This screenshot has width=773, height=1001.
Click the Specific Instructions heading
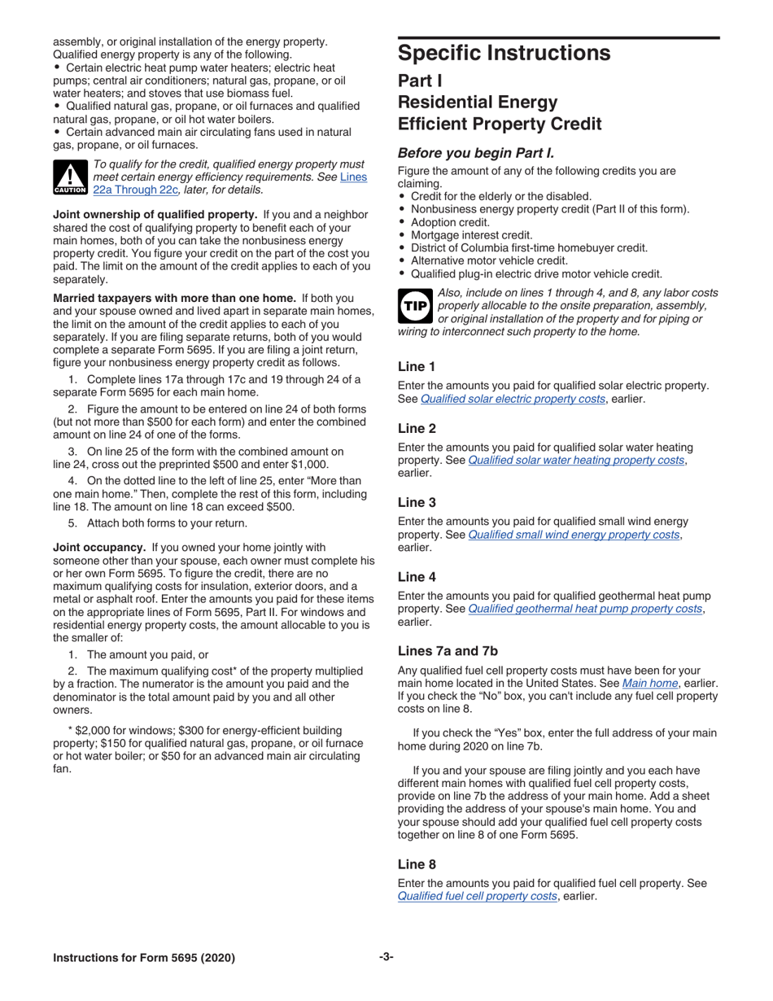(x=504, y=54)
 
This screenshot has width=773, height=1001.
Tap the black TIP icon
(x=415, y=306)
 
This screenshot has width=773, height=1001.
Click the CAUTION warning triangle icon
(x=71, y=177)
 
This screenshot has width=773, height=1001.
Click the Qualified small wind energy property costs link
(x=574, y=535)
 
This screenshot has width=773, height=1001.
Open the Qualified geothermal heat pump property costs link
(x=585, y=609)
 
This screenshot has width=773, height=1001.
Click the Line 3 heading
(x=417, y=503)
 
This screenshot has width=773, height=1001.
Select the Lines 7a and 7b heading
(x=448, y=651)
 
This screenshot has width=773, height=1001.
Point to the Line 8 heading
(x=417, y=864)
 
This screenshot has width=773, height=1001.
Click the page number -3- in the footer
(x=386, y=957)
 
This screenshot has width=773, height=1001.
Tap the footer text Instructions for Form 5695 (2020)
(x=144, y=958)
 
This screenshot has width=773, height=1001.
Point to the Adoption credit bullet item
(x=450, y=222)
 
